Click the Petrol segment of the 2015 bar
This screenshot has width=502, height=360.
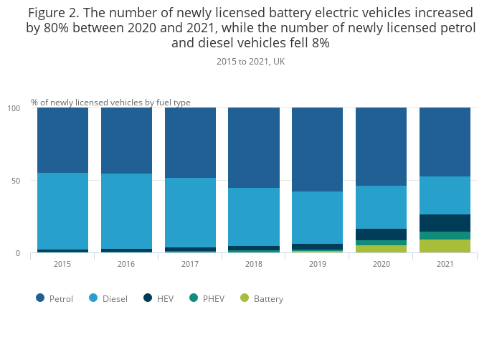pyautogui.click(x=62, y=140)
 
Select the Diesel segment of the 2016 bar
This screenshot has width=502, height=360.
pyautogui.click(x=126, y=211)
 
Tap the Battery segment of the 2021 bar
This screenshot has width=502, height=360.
pyautogui.click(x=445, y=246)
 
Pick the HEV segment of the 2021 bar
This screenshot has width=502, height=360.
pyautogui.click(x=445, y=223)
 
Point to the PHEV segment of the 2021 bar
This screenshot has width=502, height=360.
pyautogui.click(x=445, y=235)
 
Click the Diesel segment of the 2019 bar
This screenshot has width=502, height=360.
pyautogui.click(x=317, y=217)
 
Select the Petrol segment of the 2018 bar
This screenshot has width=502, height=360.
pyautogui.click(x=254, y=148)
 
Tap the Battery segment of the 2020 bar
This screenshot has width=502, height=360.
pyautogui.click(x=381, y=249)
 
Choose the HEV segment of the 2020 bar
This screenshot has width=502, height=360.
pyautogui.click(x=381, y=235)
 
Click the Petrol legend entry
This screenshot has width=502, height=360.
pyautogui.click(x=55, y=298)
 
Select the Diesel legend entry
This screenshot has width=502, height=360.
pyautogui.click(x=108, y=298)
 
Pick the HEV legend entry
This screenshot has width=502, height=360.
pyautogui.click(x=160, y=298)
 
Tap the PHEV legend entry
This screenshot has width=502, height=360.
pyautogui.click(x=207, y=298)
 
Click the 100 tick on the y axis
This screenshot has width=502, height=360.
pyautogui.click(x=13, y=108)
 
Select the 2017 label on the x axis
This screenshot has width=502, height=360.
pyautogui.click(x=190, y=264)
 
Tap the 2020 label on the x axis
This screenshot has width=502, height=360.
pyautogui.click(x=381, y=264)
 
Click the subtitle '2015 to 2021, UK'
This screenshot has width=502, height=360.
pyautogui.click(x=250, y=62)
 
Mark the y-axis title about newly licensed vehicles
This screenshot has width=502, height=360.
pyautogui.click(x=110, y=103)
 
